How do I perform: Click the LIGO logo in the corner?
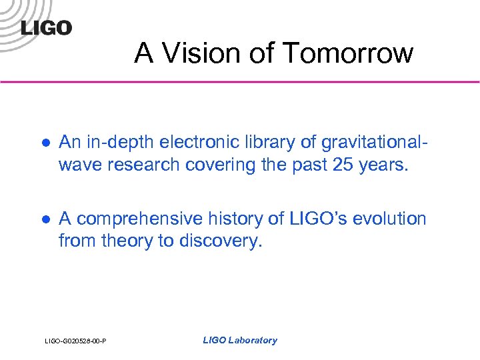pos(46,27)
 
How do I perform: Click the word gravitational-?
pos(372,143)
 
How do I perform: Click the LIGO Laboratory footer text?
pos(239,341)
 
